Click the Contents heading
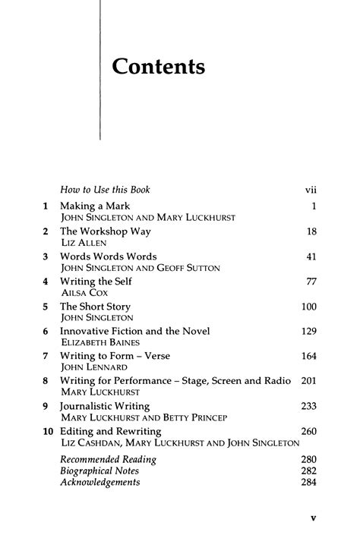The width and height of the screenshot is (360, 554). tap(158, 67)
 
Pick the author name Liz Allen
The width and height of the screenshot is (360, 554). tap(79, 243)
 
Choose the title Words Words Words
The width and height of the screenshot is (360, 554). tap(109, 257)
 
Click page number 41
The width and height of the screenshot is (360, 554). tap(309, 257)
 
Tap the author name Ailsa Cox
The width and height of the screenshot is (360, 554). tap(81, 293)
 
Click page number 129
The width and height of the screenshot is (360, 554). tap(307, 332)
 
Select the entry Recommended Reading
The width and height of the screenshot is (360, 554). tap(108, 460)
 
